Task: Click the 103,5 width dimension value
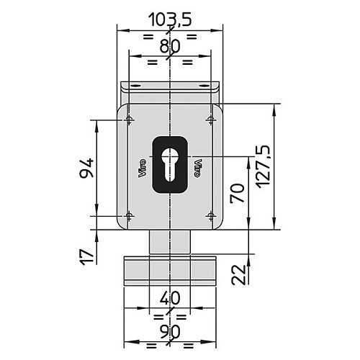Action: pos(170,19)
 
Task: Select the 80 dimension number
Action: pos(170,46)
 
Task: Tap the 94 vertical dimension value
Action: pos(86,168)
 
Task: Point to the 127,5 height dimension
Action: pos(262,166)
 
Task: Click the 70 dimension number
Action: pos(237,193)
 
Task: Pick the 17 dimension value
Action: pos(86,256)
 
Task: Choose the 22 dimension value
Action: pos(239,274)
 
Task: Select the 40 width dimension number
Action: pos(170,298)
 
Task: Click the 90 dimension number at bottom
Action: pos(170,331)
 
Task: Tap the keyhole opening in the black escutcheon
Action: pos(170,163)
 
